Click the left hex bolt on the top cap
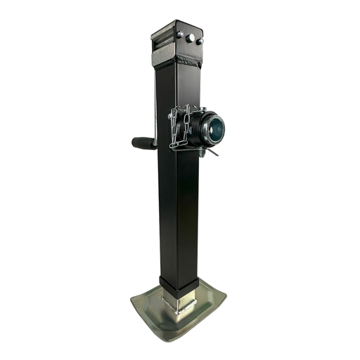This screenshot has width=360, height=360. (181, 34)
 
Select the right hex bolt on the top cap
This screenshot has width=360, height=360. (200, 41)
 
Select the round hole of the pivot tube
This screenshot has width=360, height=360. (215, 128)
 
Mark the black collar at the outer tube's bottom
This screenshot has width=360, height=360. (179, 285)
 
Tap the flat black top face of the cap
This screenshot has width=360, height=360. (176, 26)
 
